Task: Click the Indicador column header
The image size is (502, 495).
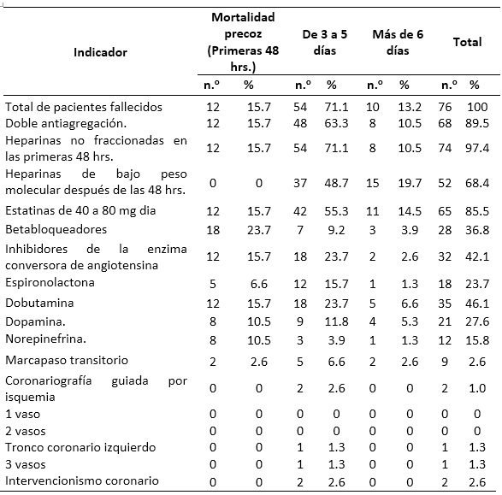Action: pos(100,52)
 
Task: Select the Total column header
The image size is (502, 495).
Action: pos(468,42)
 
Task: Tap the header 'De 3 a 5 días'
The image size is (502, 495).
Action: pos(325,42)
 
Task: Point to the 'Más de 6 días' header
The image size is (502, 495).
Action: pos(398,42)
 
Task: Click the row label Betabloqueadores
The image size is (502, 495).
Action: pos(56,229)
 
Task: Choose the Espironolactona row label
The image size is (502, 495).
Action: pos(50,282)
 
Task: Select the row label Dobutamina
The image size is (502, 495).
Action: pos(39,303)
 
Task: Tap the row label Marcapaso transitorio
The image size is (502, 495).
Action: pos(67,360)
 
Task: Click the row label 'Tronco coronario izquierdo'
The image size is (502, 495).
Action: pos(80,447)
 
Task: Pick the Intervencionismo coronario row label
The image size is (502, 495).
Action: pos(82,481)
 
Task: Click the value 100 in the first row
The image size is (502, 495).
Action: pos(477,107)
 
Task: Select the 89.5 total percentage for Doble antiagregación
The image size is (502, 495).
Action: pos(477,123)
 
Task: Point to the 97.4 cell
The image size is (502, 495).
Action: pos(477,148)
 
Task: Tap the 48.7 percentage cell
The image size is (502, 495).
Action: pos(336,183)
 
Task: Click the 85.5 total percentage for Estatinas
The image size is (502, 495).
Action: pos(477,211)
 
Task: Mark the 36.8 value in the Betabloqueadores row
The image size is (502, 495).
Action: pos(477,230)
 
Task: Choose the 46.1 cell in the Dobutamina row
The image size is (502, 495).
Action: pos(477,303)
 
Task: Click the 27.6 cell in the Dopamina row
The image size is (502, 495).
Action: pos(477,321)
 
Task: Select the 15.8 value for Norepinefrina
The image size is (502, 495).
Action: pos(477,340)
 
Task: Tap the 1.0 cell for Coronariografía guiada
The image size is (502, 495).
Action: pos(477,388)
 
